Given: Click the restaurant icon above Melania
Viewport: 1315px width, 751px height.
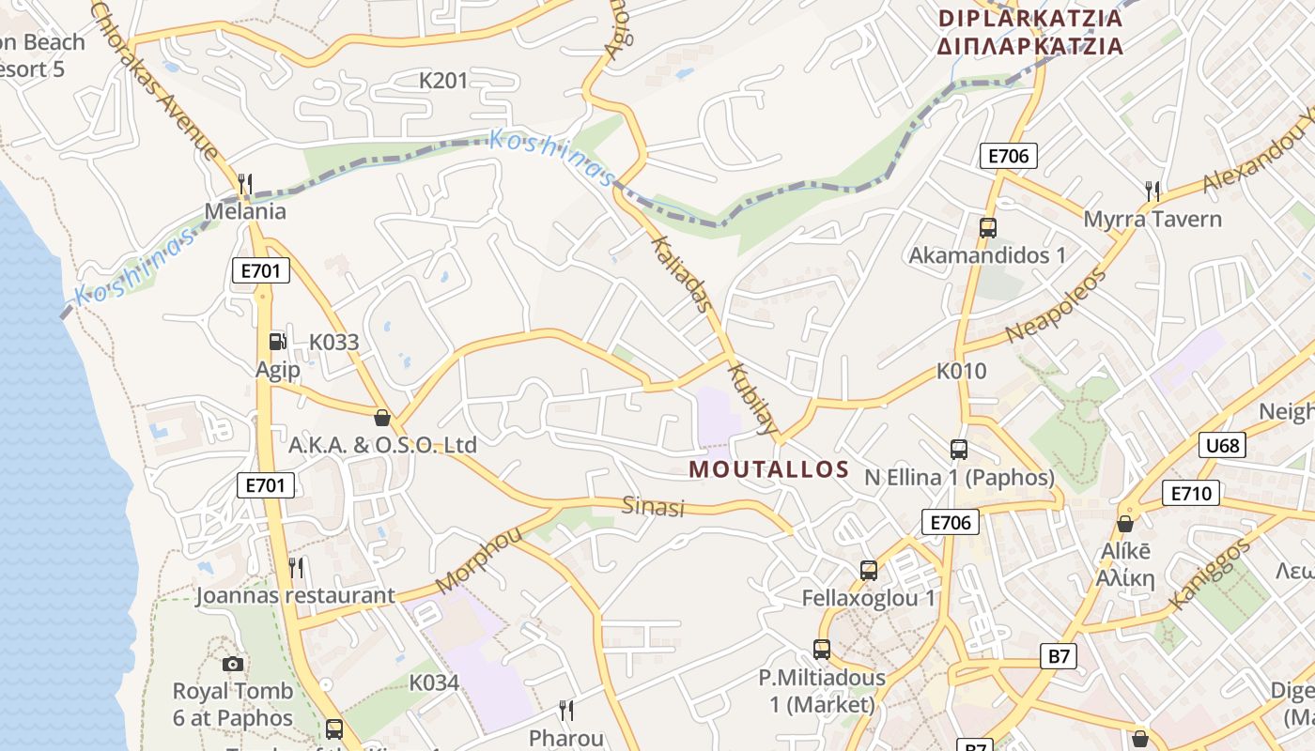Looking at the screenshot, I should (245, 184).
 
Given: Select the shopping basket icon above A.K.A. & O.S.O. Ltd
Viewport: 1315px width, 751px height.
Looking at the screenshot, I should (382, 417).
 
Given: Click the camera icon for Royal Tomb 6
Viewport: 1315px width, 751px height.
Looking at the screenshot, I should (233, 664).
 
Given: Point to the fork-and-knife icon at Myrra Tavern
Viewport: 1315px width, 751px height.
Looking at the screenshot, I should (1153, 192).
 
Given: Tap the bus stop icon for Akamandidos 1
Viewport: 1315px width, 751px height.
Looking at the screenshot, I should (987, 227).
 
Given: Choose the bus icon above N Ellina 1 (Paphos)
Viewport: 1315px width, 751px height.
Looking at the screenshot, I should (959, 450).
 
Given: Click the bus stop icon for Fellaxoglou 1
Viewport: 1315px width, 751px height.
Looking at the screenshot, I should (869, 570).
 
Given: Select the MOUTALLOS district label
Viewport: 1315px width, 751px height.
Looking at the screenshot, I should (769, 469).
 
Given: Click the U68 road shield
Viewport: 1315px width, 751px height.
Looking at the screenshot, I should (1222, 445).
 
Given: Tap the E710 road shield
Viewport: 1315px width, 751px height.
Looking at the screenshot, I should (1190, 493).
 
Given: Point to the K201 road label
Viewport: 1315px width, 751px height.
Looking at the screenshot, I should (443, 81).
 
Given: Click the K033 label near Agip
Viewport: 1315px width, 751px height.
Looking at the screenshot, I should (334, 342).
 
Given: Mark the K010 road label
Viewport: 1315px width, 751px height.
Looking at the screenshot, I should (962, 371).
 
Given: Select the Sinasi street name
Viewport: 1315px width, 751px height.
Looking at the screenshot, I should (654, 507).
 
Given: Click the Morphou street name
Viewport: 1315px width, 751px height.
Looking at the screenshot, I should (478, 559).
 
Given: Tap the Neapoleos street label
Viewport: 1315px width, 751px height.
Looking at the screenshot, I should (1056, 305).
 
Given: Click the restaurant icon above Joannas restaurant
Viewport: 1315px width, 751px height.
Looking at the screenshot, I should (296, 567).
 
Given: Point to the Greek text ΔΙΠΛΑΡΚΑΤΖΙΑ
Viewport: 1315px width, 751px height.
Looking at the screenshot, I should (1030, 46).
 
